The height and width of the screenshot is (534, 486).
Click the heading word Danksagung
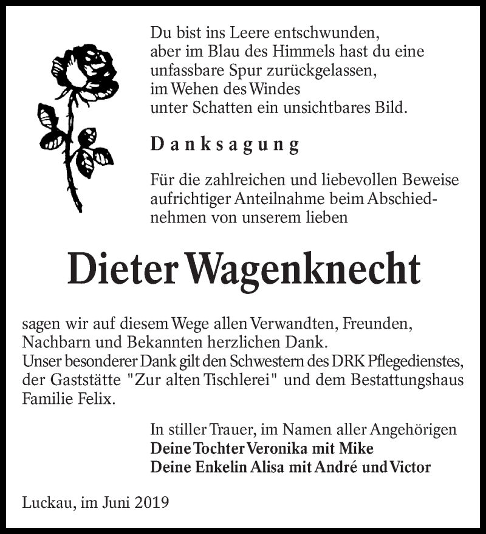pyautogui.click(x=225, y=145)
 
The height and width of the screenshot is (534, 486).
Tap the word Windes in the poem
pyautogui.click(x=272, y=90)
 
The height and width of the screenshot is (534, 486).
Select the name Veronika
pyautogui.click(x=284, y=448)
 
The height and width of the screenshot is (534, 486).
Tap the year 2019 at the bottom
pyautogui.click(x=151, y=502)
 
